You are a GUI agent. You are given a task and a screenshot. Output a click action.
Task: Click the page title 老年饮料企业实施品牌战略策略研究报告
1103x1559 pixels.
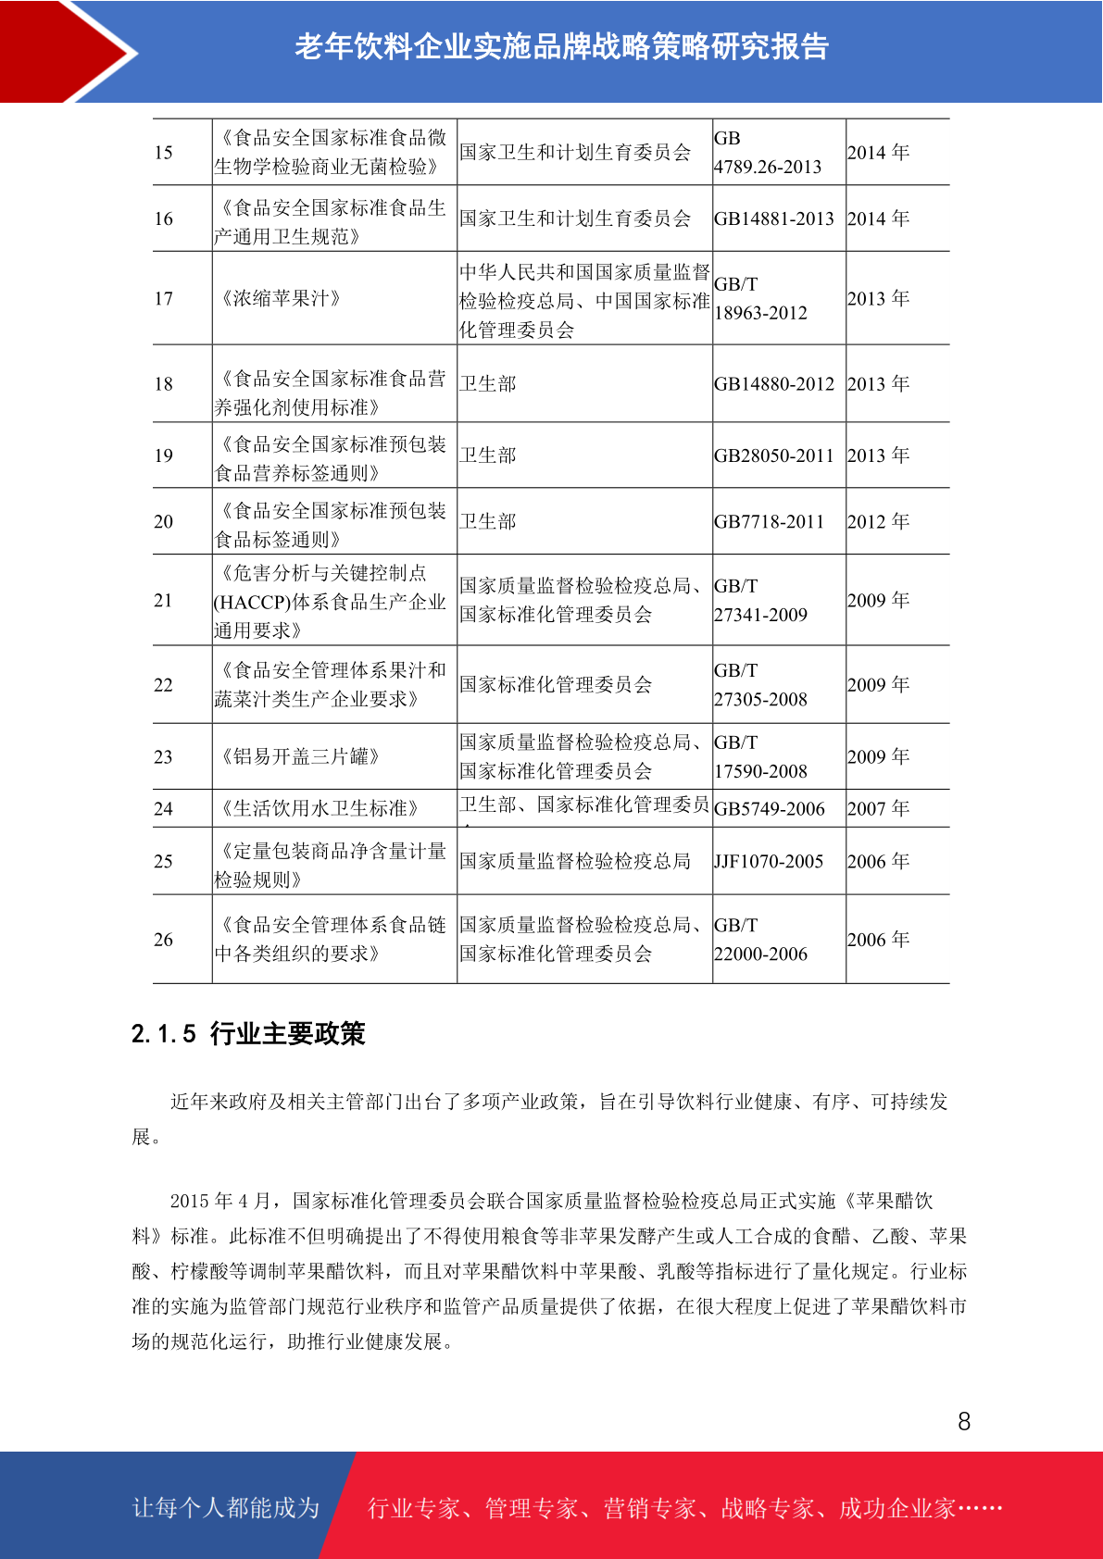click(x=561, y=46)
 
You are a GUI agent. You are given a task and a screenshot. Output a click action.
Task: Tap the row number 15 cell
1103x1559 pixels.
click(x=164, y=153)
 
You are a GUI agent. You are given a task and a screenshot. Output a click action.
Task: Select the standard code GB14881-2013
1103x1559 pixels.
click(x=773, y=219)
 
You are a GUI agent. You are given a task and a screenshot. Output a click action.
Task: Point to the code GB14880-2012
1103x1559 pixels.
click(x=773, y=384)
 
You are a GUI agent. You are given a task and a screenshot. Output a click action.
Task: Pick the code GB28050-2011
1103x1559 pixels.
click(x=773, y=455)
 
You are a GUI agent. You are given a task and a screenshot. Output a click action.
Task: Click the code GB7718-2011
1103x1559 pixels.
click(x=769, y=522)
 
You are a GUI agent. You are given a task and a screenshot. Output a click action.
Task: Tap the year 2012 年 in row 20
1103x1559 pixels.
click(x=878, y=522)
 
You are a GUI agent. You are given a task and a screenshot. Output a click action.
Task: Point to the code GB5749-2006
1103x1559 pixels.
click(x=769, y=809)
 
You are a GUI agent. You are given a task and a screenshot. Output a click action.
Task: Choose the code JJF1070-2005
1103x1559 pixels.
click(x=768, y=862)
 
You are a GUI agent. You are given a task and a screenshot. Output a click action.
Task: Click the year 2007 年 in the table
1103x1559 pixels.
click(x=878, y=809)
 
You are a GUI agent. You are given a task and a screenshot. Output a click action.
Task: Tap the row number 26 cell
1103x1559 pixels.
click(x=164, y=940)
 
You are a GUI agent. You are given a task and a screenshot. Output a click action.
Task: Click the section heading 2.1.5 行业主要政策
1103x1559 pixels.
click(x=248, y=1033)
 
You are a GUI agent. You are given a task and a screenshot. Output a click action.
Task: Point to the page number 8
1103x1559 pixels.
click(x=964, y=1422)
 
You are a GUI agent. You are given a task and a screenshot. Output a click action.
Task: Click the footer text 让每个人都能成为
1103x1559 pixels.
click(x=226, y=1508)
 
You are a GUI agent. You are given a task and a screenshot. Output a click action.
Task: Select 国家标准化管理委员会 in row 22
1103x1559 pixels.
click(x=556, y=685)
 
